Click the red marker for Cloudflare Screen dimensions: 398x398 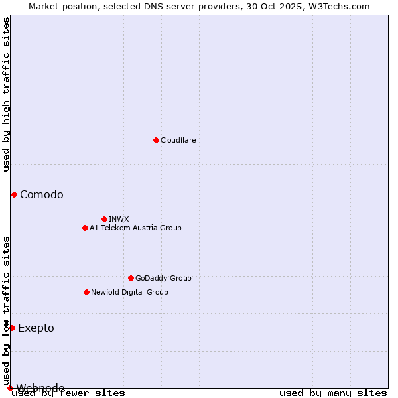coord(156,140)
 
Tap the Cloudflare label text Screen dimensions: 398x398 coord(178,140)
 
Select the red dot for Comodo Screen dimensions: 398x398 coord(14,194)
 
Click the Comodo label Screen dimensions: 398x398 coord(42,194)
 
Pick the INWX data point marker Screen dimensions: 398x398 coord(104,219)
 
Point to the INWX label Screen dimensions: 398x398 coord(119,219)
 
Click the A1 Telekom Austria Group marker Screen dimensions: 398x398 coord(85,228)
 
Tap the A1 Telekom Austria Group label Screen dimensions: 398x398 coord(135,228)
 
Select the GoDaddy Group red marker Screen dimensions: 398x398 coord(131,278)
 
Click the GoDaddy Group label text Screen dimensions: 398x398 coord(163,278)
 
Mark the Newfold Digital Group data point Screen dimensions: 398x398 coord(86,292)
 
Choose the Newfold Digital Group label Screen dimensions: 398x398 coord(129,292)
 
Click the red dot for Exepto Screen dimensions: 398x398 coord(12,328)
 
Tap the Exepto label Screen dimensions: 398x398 coord(36,328)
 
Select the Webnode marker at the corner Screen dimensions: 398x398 coord(10,388)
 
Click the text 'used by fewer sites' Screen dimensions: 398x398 coord(68,393)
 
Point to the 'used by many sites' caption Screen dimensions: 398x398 coord(333,393)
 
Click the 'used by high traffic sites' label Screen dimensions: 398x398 coord(6,94)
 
